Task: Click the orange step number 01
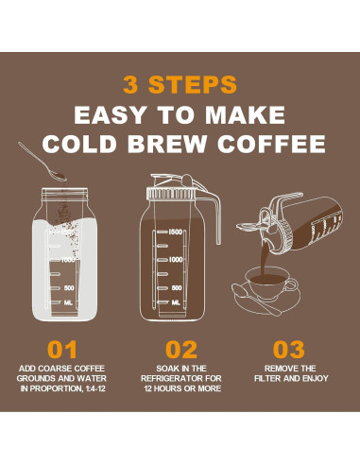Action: [62, 350]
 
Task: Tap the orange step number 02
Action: [181, 350]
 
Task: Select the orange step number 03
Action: [289, 350]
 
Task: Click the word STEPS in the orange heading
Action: [193, 84]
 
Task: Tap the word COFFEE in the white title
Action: [271, 144]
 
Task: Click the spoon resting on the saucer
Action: [256, 300]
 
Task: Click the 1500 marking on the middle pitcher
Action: [176, 232]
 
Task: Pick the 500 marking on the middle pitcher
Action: [177, 288]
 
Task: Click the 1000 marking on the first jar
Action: [68, 260]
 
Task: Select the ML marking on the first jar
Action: [68, 302]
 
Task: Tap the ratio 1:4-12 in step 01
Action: [95, 388]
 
